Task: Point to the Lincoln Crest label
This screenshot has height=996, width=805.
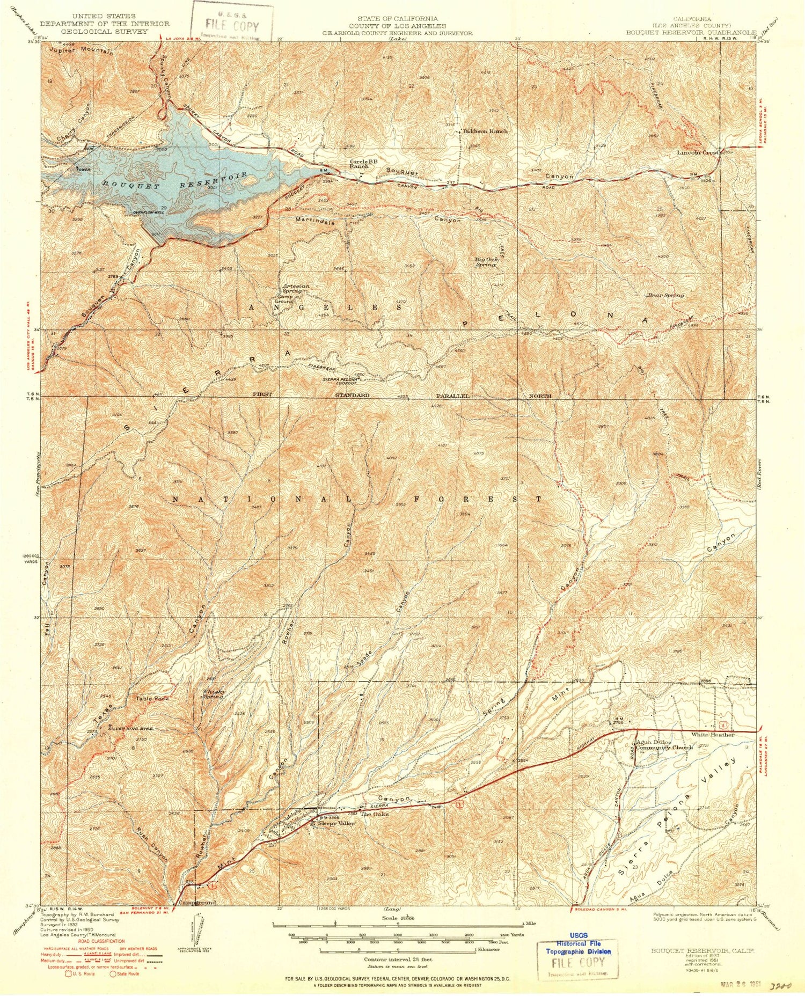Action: pyautogui.click(x=698, y=152)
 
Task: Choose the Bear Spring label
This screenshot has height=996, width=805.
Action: pyautogui.click(x=666, y=295)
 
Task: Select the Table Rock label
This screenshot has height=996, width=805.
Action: pyautogui.click(x=152, y=699)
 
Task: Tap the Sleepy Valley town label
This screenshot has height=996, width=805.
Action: pyautogui.click(x=336, y=823)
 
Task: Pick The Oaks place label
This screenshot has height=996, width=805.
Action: pyautogui.click(x=374, y=814)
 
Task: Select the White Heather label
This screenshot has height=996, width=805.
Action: pyautogui.click(x=712, y=735)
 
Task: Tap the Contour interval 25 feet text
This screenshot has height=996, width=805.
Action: pyautogui.click(x=398, y=959)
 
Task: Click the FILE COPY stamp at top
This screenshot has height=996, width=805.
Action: pyautogui.click(x=232, y=26)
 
